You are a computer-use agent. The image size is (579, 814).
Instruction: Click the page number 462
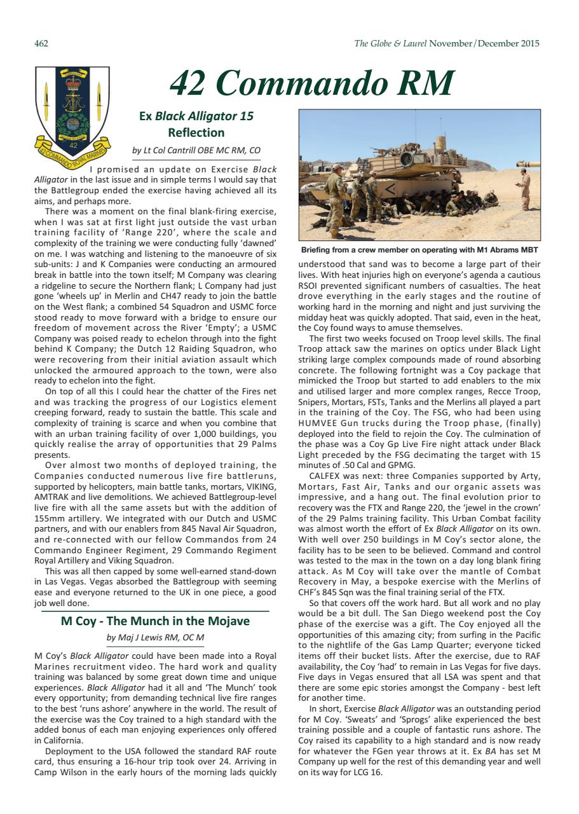coord(41,44)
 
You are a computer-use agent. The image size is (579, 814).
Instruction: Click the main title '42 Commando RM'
coord(312,83)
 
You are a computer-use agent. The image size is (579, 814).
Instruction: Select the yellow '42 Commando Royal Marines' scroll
coord(72,153)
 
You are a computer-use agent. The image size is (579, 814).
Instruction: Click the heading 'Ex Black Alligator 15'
coord(196,116)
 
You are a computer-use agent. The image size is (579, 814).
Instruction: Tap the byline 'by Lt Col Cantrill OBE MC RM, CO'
coord(196,151)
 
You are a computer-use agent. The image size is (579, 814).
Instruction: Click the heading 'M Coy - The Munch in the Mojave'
coord(155,621)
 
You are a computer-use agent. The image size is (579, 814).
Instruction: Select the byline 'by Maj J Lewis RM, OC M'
coord(155,637)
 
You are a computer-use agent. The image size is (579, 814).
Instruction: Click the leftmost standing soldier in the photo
coord(335,197)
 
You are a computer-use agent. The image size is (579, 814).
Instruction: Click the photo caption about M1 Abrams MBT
coord(419,250)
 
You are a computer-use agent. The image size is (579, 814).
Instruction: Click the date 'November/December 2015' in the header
coord(485,44)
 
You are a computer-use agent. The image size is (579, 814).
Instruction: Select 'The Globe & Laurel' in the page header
coord(390,44)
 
